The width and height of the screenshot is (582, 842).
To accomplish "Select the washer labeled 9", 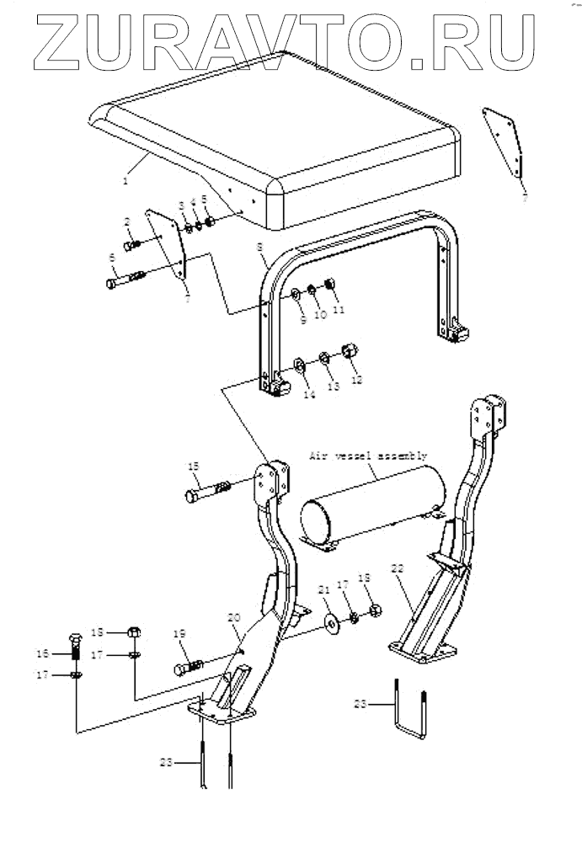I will click(296, 294).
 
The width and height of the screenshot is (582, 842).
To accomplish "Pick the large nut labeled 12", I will click(347, 350).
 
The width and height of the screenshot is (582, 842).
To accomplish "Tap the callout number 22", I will click(397, 569).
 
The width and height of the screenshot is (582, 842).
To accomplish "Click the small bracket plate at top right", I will click(504, 147).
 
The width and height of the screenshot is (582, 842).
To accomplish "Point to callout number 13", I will click(334, 386).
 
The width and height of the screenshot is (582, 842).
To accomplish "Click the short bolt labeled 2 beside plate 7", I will click(132, 246).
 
